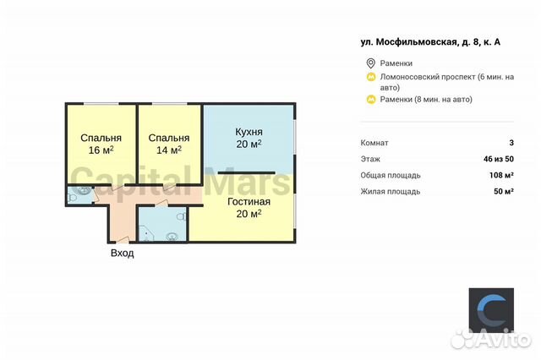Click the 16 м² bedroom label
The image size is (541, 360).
[x=101, y=144]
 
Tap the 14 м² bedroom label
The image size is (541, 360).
[x=168, y=144]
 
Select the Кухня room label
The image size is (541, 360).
[x=248, y=139]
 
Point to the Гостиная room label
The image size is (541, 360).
[x=248, y=207]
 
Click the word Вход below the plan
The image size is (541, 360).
[x=122, y=254]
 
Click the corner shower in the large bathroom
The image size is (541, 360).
[x=146, y=231]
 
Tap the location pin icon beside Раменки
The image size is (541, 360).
[x=370, y=63]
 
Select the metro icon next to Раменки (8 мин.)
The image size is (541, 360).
[x=370, y=100]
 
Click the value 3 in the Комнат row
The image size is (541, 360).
[x=511, y=143]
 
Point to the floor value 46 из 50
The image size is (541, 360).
[x=498, y=159]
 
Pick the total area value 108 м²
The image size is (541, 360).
[x=502, y=175]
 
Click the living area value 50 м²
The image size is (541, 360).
[x=505, y=192]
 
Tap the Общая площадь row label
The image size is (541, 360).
[x=391, y=175]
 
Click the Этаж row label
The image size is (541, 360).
[x=370, y=159]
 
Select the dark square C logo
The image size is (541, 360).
[x=490, y=308]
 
